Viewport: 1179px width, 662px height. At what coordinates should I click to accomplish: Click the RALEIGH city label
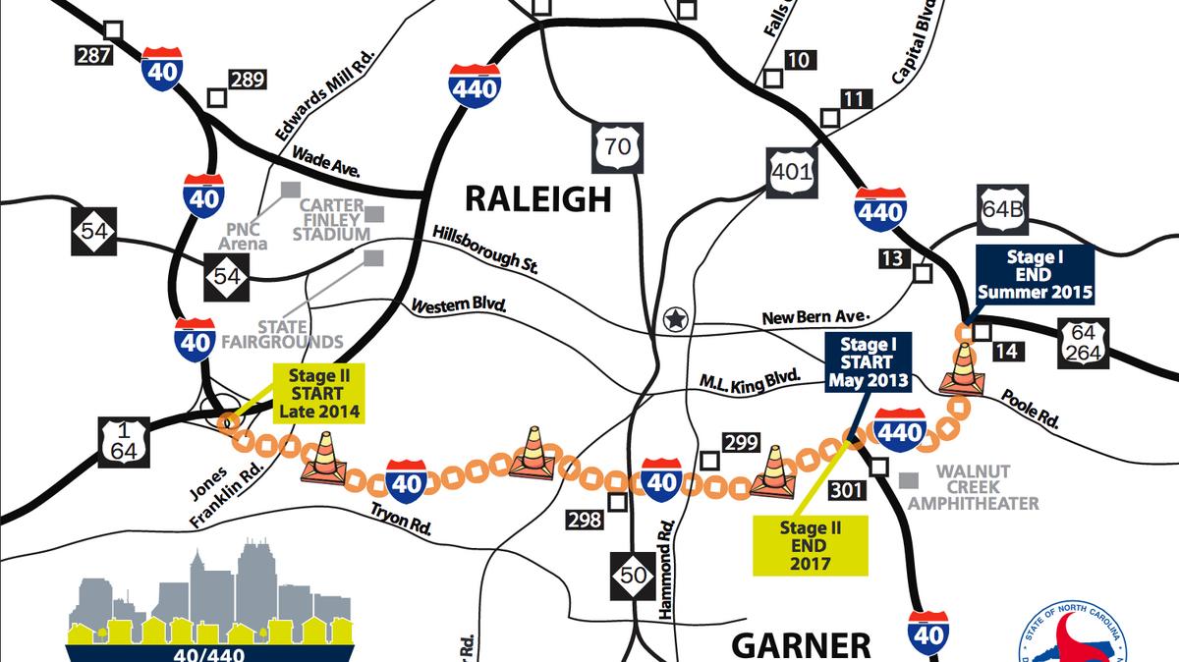(537, 198)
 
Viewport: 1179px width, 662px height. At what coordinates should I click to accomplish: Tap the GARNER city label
(801, 644)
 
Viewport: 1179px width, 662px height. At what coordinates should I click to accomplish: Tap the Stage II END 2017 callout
(811, 546)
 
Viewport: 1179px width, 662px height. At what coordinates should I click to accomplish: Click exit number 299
(741, 443)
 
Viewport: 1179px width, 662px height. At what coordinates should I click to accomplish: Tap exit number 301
(846, 489)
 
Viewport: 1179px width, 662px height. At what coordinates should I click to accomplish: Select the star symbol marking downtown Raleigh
(674, 318)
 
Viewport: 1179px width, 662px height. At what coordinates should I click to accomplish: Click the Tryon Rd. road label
(401, 519)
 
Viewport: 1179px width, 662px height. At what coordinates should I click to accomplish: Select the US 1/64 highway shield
(123, 443)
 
